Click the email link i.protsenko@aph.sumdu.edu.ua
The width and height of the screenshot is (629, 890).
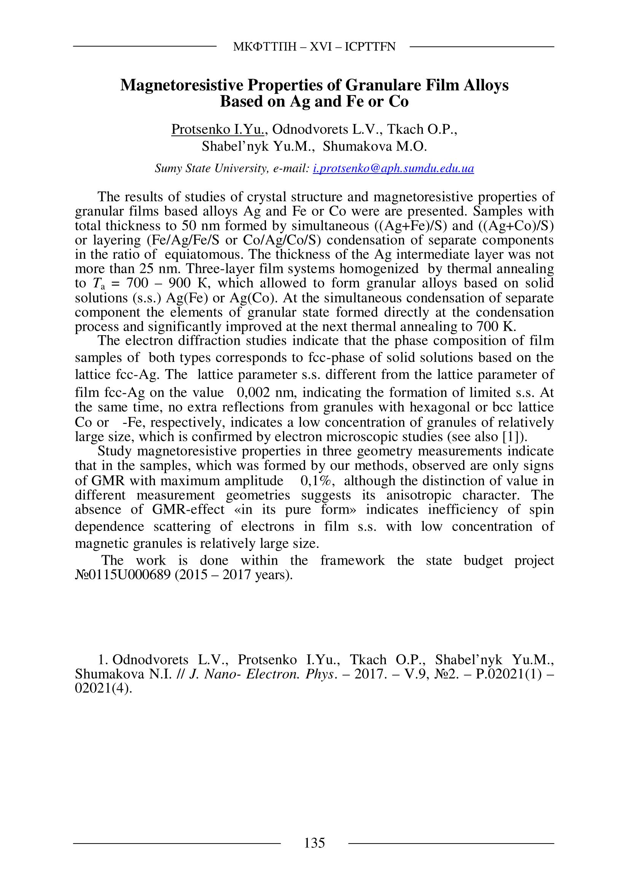click(393, 169)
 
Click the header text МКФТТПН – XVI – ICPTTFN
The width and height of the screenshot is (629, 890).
click(314, 47)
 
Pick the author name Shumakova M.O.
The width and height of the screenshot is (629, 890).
click(375, 146)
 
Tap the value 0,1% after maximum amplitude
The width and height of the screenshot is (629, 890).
click(317, 481)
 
